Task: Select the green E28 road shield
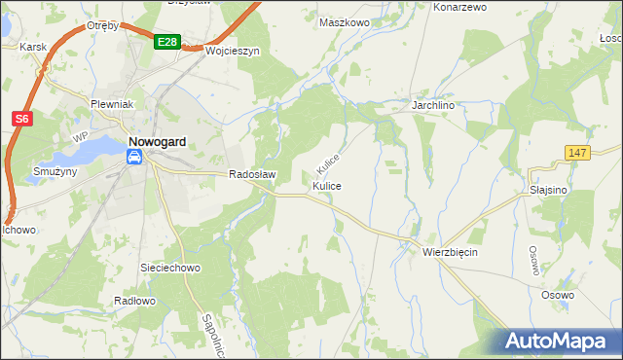pos(166,42)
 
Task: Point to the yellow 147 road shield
pos(577,153)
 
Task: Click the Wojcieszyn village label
pos(232,52)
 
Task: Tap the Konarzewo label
pos(459,7)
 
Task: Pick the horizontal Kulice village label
pos(327,185)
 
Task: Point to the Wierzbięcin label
pos(450,251)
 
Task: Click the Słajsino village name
pos(549,190)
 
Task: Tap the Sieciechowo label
pos(170,267)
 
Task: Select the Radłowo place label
pos(134,301)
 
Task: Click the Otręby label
pos(102,25)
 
